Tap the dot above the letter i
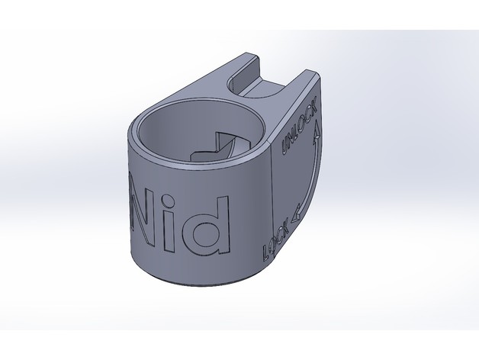click(x=168, y=202)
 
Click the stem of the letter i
click(x=170, y=233)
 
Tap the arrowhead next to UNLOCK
click(x=317, y=130)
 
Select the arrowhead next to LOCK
click(x=296, y=216)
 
